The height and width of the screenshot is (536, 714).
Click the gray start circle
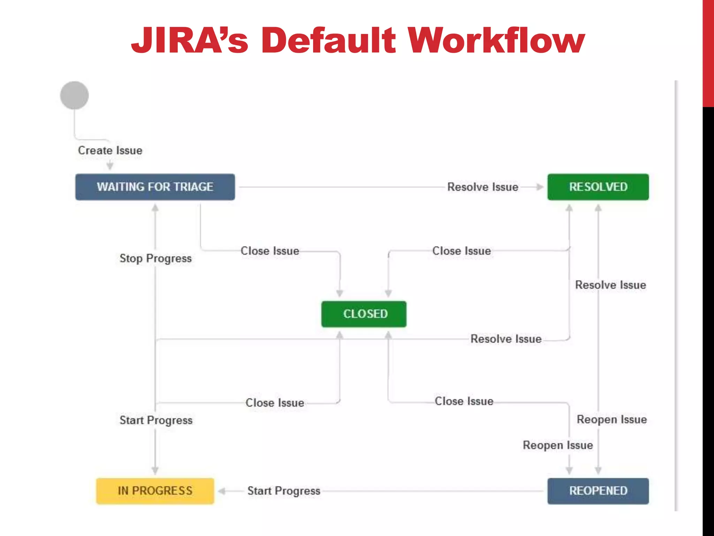[x=74, y=95]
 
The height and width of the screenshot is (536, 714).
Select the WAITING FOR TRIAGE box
[x=155, y=187]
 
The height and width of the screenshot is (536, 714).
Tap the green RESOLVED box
[x=598, y=187]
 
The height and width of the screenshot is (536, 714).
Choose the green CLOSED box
[x=364, y=314]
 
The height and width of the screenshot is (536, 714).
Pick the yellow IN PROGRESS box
[x=155, y=491]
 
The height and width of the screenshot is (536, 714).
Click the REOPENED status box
[x=598, y=491]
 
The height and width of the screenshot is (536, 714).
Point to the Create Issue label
[x=110, y=150]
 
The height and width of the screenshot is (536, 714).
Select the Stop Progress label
[x=155, y=259]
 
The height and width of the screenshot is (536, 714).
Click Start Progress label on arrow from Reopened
[x=284, y=491]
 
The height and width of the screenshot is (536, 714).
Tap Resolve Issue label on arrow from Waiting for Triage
[x=483, y=187]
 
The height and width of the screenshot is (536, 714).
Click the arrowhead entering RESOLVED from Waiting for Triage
[x=540, y=187]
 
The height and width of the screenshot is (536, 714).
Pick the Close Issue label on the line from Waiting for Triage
[x=270, y=251]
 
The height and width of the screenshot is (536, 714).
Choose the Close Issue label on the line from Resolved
[x=462, y=251]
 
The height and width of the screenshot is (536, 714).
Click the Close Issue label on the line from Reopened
[x=464, y=401]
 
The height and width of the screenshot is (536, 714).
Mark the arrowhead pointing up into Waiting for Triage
[x=155, y=208]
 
